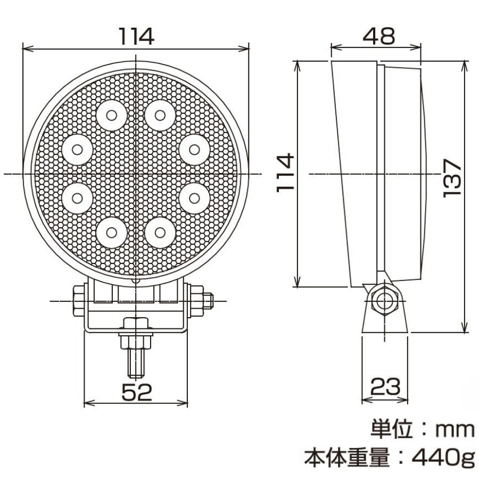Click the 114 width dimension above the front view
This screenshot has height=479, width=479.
(136, 36)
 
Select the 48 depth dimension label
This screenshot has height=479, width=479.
(379, 36)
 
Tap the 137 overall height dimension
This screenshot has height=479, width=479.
(452, 178)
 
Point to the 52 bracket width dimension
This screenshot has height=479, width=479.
(137, 392)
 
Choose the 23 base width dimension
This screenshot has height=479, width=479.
(385, 386)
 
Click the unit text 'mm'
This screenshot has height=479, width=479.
(455, 430)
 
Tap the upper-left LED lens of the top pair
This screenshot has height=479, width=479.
(112, 115)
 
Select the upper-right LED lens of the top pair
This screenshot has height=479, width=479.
(160, 115)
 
